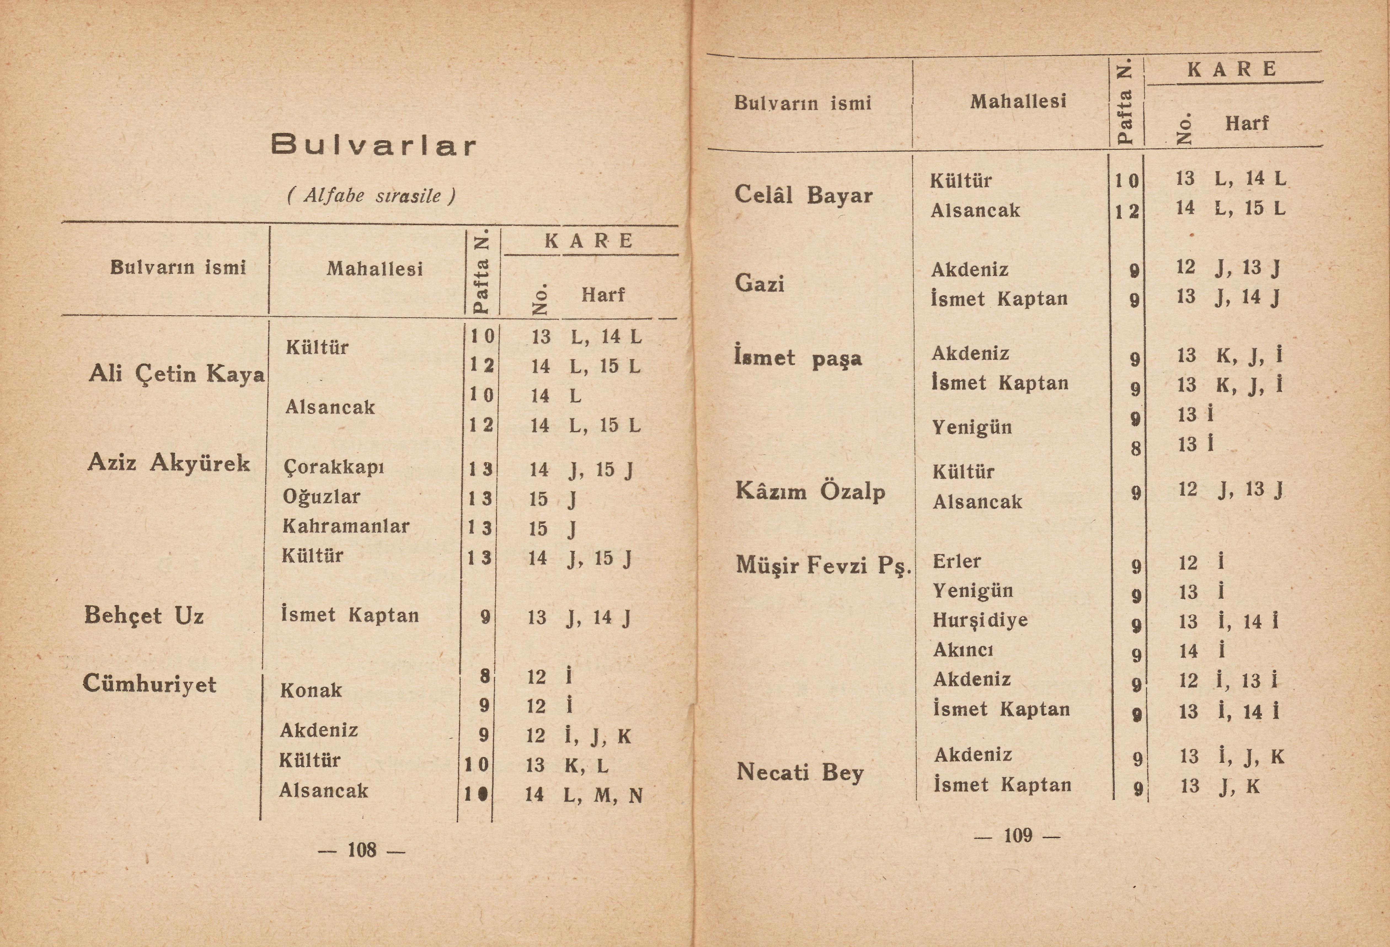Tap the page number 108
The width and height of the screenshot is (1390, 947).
pos(362,850)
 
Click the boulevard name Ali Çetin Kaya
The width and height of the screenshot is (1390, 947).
pos(177,374)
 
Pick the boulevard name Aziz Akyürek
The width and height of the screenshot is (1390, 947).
pos(169,462)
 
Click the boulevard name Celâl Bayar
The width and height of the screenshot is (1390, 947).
pos(803,195)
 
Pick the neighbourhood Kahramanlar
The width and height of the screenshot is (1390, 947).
pos(346,526)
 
